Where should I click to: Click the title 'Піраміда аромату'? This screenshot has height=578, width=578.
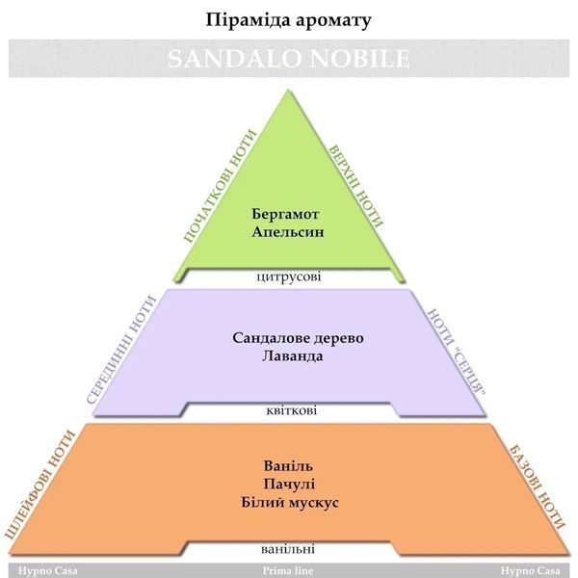coord(288,20)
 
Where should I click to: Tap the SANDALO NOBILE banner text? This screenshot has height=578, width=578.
coord(289,58)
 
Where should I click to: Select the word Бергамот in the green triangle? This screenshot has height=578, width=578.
coord(285,214)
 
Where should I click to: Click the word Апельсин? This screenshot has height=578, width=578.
coord(288,232)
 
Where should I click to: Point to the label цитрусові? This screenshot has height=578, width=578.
coord(289,276)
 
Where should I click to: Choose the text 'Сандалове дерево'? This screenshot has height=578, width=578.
coord(298,338)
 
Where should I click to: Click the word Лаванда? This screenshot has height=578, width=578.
coord(293,356)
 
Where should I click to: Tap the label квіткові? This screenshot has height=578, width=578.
coord(291,410)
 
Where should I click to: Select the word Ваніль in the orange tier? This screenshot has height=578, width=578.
coord(288,466)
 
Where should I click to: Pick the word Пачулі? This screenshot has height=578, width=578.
coord(289,484)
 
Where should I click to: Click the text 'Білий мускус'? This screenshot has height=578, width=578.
coord(290,503)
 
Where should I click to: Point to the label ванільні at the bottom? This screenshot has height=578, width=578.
coord(288,549)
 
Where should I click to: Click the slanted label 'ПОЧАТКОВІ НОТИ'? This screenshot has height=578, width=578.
coord(220,186)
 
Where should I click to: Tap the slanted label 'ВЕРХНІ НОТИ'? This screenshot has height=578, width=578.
coord(356,186)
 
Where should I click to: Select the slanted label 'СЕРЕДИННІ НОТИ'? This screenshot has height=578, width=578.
coord(121,350)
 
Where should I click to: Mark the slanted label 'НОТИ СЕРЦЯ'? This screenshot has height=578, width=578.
coord(457,352)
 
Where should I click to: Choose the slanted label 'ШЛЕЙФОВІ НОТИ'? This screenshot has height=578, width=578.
coord(40,485)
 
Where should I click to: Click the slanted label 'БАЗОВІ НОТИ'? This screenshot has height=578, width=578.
coord(537,486)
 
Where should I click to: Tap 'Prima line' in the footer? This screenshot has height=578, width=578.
coord(288,571)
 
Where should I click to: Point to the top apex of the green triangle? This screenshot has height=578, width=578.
coord(288,90)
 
